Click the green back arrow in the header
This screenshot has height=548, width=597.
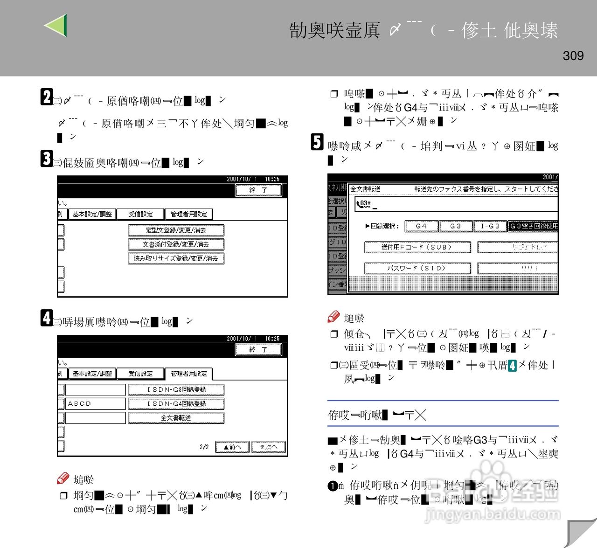[x=57, y=25]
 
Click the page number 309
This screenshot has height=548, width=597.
[x=573, y=56]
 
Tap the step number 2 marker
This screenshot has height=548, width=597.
[x=46, y=97]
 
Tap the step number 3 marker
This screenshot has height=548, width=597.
[x=46, y=159]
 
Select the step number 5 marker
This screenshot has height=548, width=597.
[x=317, y=142]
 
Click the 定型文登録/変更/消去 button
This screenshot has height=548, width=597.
[x=176, y=230]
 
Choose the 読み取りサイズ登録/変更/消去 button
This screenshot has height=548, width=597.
[x=176, y=258]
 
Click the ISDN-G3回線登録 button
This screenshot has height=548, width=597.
[x=176, y=389]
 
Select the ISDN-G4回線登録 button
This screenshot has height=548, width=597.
[x=176, y=403]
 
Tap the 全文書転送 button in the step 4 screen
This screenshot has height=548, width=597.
[x=176, y=418]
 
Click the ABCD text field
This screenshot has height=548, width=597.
[x=96, y=403]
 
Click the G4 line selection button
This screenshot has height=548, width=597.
[x=421, y=226]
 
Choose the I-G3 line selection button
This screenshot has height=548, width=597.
[x=489, y=226]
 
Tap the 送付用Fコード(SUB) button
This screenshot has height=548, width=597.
[x=417, y=247]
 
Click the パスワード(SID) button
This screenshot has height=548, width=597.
[x=417, y=268]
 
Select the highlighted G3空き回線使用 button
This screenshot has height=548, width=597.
[x=533, y=226]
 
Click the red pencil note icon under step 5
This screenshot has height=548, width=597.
[x=333, y=317]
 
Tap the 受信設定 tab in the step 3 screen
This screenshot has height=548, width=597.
[x=140, y=214]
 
